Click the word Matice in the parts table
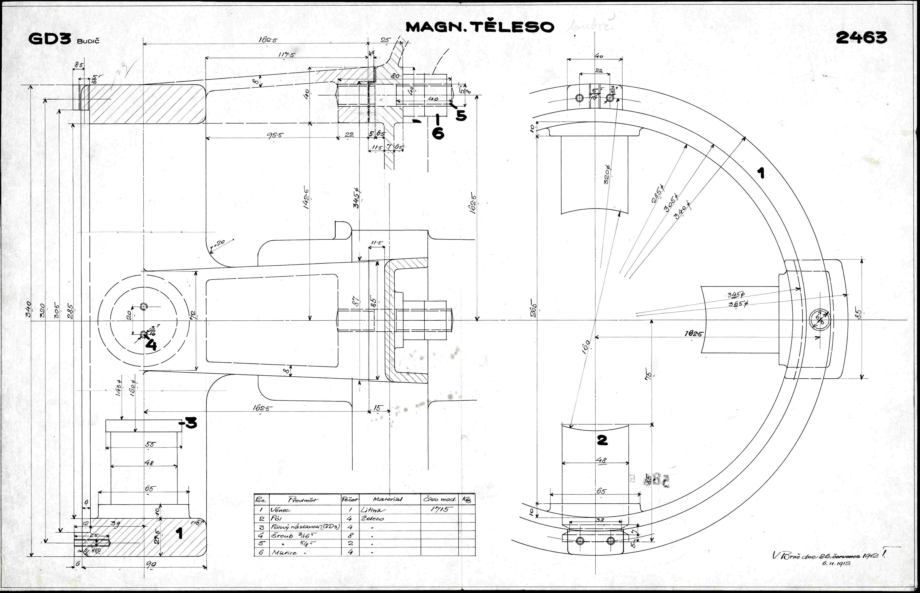pyautogui.click(x=284, y=553)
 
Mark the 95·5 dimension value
pyautogui.click(x=273, y=135)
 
